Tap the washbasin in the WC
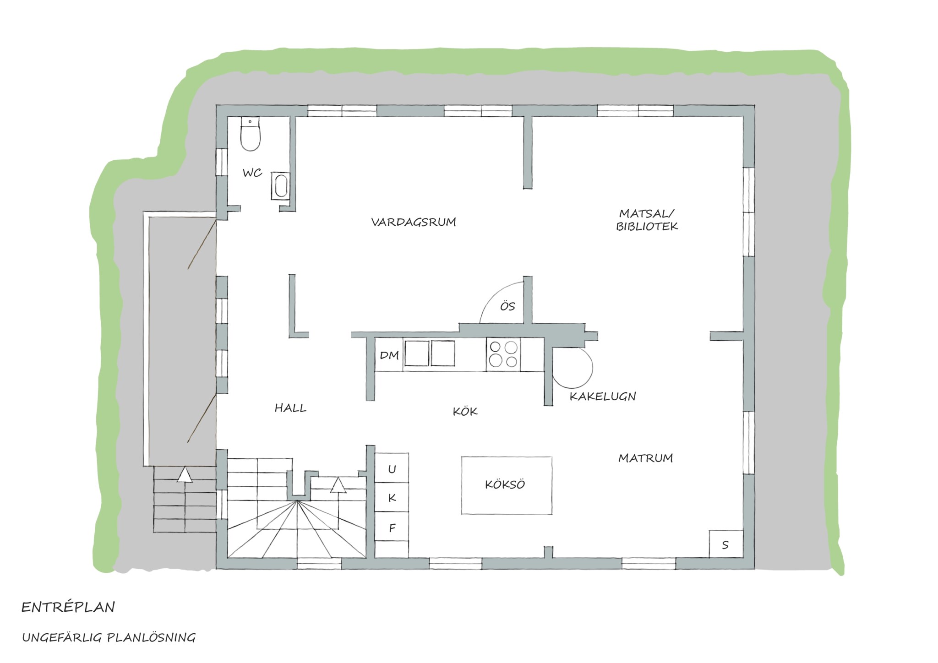coord(280,186)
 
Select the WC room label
coord(252,173)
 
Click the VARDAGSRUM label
coord(414,223)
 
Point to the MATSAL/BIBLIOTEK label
coord(647,220)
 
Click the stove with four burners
coord(503,354)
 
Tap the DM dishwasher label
coord(390,355)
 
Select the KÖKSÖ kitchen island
coord(507,485)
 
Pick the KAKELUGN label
coord(603,397)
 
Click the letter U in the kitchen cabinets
coord(392,469)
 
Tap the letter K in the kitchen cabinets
coord(392,498)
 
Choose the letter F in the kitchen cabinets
coord(392,528)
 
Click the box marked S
coord(725,544)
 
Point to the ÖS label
coord(507,306)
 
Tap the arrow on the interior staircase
coord(338,485)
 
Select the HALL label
coord(290,408)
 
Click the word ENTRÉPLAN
coord(68,608)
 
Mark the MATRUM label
coord(645,458)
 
